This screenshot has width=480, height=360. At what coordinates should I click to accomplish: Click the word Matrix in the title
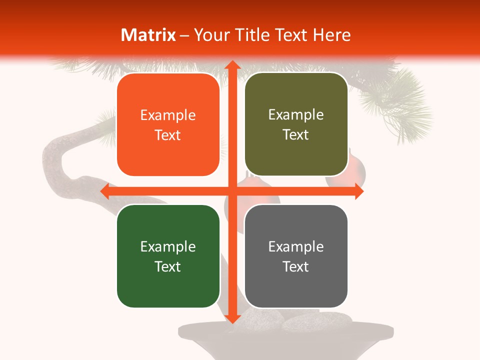tap(148, 35)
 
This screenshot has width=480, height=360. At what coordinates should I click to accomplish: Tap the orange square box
tap(168, 124)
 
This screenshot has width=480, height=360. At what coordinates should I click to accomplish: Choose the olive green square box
tap(296, 124)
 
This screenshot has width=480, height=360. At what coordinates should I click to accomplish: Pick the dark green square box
tap(168, 256)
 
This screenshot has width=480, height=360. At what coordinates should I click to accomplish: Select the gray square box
tap(296, 256)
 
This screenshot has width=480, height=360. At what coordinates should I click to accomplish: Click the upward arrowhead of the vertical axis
tap(231, 65)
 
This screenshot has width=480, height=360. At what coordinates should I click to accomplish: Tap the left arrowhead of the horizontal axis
tap(105, 191)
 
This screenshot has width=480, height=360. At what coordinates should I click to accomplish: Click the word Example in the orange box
tap(168, 115)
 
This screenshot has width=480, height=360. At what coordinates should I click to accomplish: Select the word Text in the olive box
tap(296, 135)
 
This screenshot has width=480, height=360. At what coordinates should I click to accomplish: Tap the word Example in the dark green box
tap(168, 246)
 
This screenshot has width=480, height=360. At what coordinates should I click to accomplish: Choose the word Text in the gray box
tap(296, 266)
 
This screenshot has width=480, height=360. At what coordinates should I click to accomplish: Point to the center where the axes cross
tap(231, 191)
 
